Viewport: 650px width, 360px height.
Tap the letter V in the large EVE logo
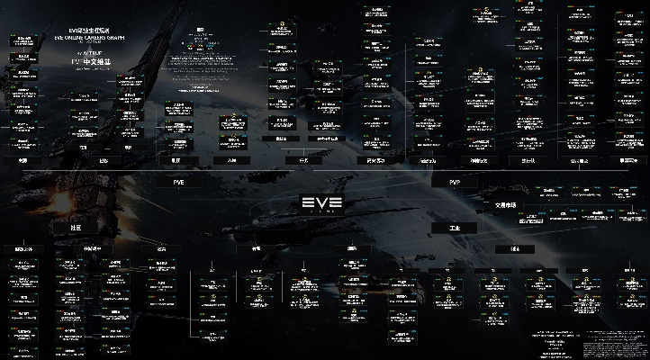(x=321, y=202)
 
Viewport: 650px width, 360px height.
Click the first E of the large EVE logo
(x=308, y=202)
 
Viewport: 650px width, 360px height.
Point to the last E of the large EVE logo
(x=335, y=202)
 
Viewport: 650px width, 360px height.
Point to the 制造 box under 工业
(x=514, y=248)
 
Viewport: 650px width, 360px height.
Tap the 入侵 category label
(x=231, y=161)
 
